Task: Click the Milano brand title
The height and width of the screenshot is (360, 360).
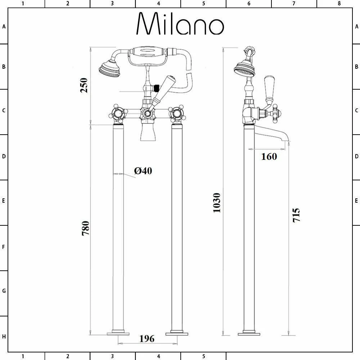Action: (180, 24)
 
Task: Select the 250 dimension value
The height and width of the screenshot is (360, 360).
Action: (84, 85)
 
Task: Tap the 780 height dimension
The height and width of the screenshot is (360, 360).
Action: (85, 228)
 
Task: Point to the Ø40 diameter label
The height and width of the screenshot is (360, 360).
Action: (143, 171)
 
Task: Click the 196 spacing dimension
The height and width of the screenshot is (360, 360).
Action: (147, 339)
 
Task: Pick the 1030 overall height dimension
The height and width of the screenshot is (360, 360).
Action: (216, 203)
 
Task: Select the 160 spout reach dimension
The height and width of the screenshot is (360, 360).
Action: (269, 156)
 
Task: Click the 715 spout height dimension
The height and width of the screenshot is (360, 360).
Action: (296, 215)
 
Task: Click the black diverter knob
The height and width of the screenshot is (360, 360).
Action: (156, 87)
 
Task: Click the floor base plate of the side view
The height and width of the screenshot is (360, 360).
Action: (249, 333)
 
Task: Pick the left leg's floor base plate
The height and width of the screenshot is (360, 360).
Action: (118, 333)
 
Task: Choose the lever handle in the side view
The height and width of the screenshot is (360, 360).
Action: (269, 88)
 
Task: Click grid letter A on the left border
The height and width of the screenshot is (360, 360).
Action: (4, 27)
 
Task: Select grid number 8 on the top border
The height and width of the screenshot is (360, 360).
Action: (339, 4)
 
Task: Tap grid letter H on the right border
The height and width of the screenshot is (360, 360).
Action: (356, 337)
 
